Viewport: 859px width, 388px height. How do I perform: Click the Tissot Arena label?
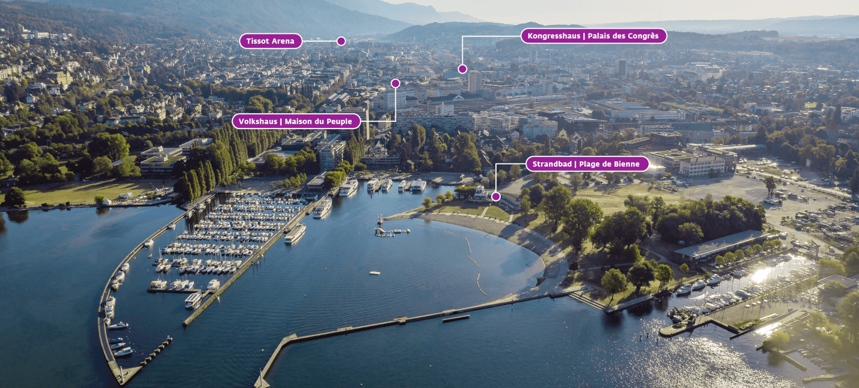(270, 41)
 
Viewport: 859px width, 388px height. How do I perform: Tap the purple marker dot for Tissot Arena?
(341, 41)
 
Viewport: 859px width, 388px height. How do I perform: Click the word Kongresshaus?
(553, 36)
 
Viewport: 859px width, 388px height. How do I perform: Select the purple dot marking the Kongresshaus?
(463, 69)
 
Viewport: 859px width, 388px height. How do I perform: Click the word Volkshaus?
(258, 121)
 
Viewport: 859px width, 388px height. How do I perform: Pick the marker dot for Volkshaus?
(395, 83)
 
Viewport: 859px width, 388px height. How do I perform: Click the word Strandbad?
(552, 164)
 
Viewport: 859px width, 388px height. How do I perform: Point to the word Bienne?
(626, 164)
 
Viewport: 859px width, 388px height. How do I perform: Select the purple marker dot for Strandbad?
(496, 196)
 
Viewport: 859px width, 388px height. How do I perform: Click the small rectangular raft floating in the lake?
(375, 273)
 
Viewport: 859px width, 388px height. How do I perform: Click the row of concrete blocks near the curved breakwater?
(156, 350)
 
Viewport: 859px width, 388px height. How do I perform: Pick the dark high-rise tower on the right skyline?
(622, 67)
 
